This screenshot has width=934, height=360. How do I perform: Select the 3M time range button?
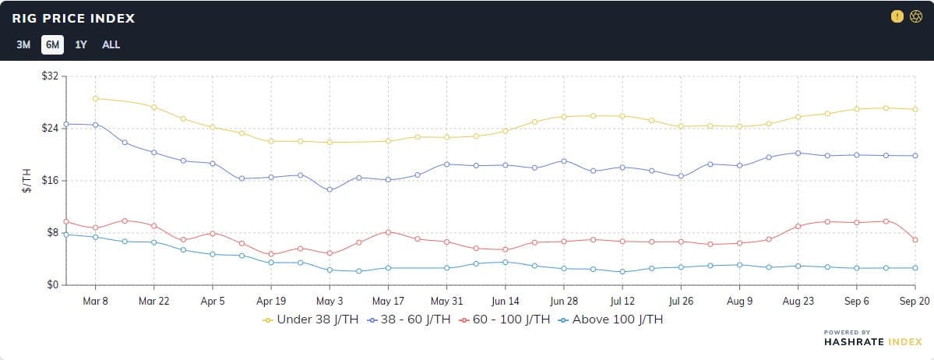tap(23, 44)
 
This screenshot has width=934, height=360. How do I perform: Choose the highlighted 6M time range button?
tap(52, 44)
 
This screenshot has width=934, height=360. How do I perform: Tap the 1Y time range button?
tap(81, 44)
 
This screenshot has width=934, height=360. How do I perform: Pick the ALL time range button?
tap(111, 44)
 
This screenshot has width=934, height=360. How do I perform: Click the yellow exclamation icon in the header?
tap(897, 16)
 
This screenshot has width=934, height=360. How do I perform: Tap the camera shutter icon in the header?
tap(916, 16)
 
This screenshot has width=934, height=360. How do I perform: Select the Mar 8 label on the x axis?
tap(95, 301)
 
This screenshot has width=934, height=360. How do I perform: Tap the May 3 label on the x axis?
tap(330, 301)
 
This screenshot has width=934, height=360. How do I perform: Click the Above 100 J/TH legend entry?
tap(614, 319)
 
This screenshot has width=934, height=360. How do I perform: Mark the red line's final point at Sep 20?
tap(915, 240)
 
